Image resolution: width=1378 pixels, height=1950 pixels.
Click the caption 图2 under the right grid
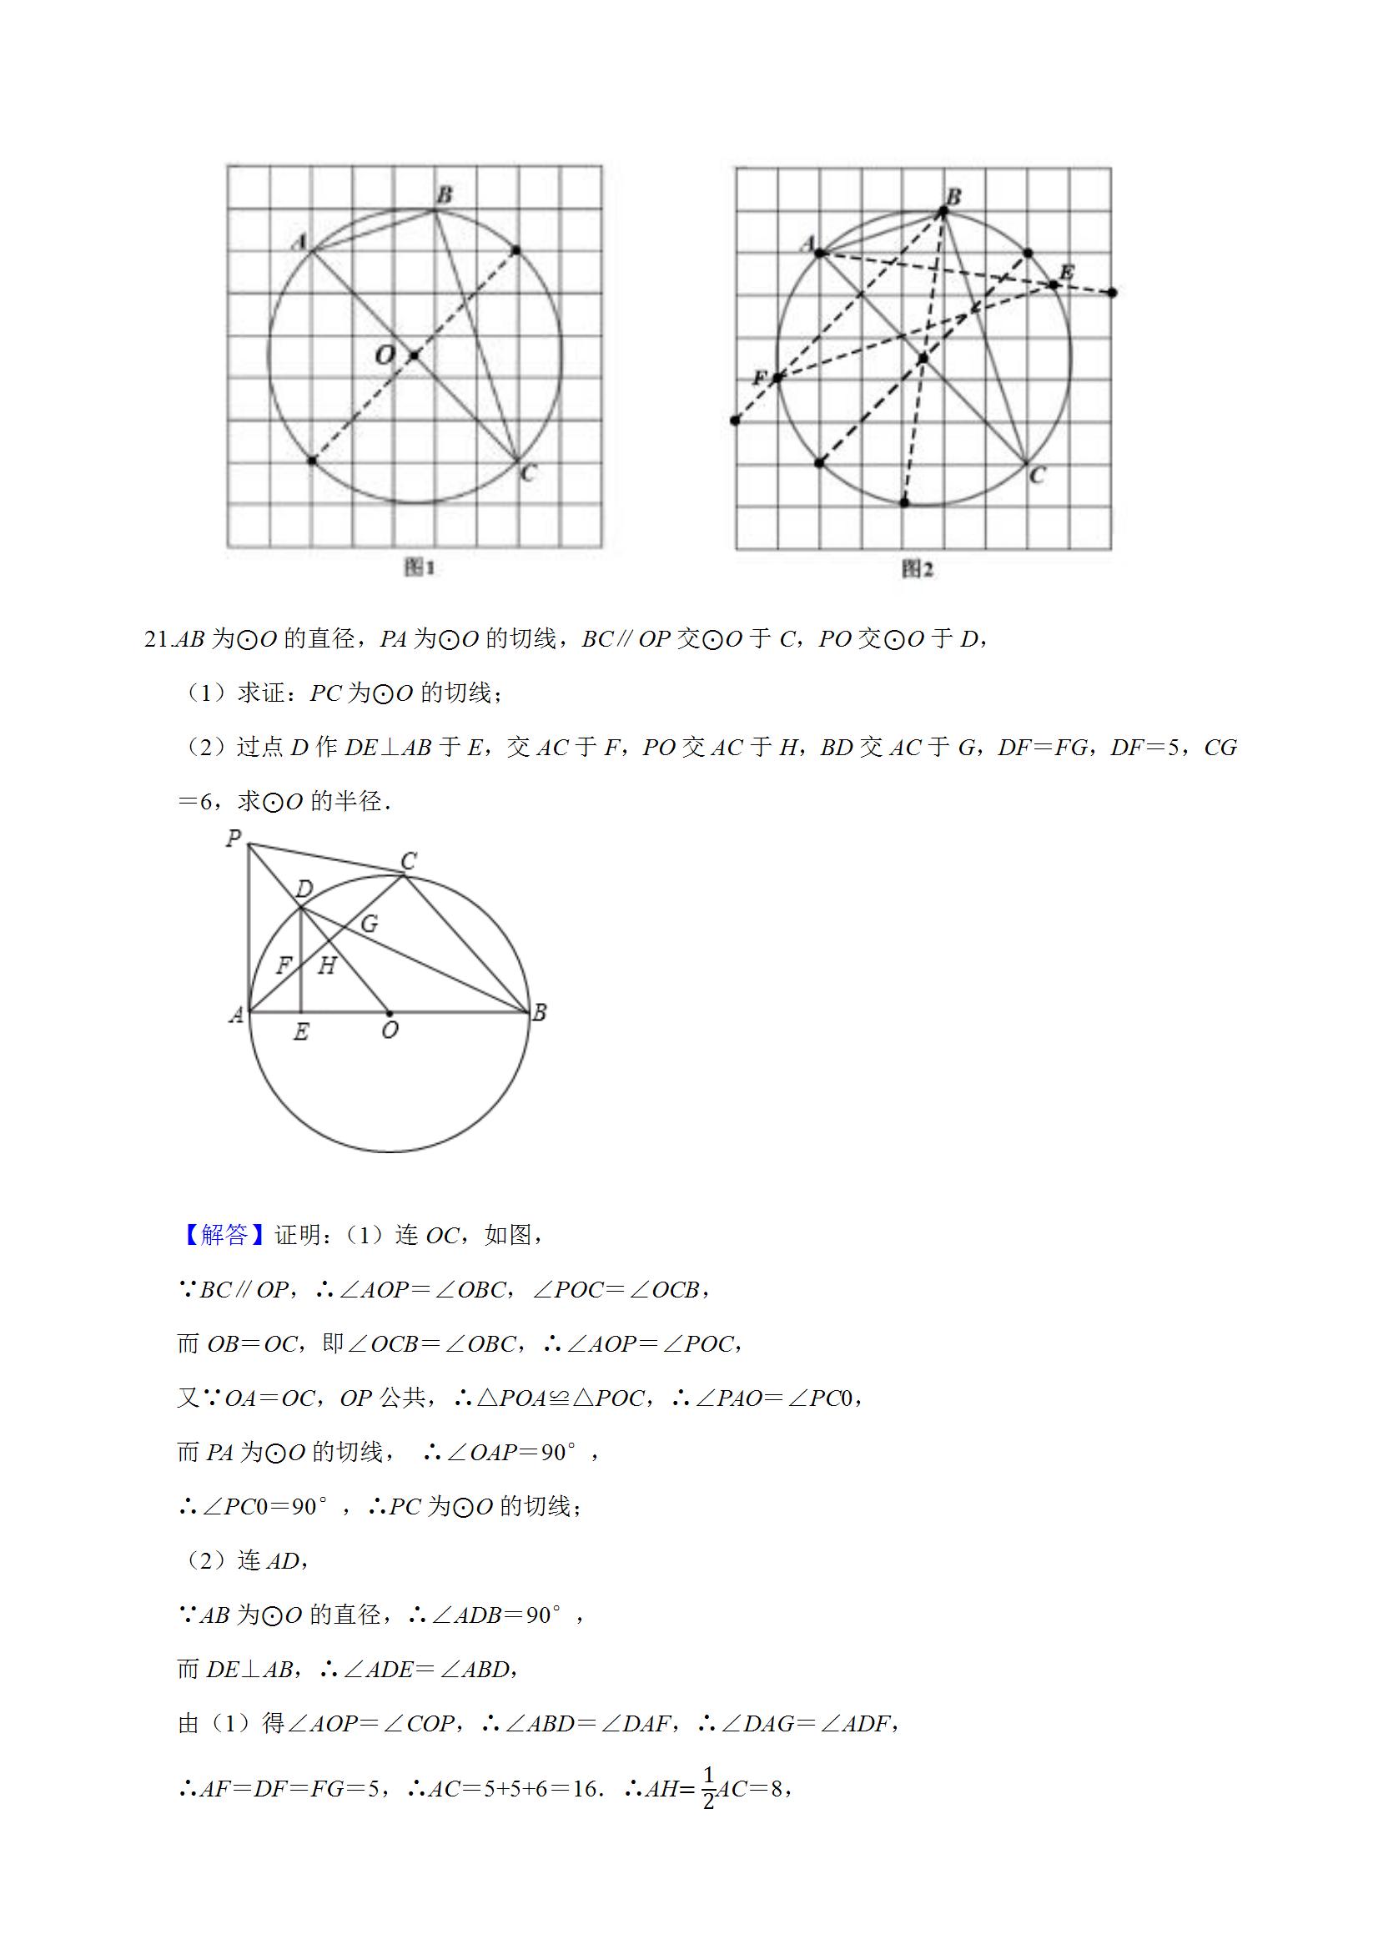tap(917, 569)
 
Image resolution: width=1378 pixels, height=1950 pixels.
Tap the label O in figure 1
tap(385, 354)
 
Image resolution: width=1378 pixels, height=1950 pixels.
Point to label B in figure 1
tap(444, 195)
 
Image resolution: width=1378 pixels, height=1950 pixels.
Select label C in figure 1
tap(528, 473)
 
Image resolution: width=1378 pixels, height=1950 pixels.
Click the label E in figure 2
tap(1066, 272)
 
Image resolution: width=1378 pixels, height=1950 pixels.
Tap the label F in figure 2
tap(760, 377)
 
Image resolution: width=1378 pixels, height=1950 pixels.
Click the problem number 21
tap(158, 638)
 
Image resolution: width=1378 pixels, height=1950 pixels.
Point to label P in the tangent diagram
tap(234, 839)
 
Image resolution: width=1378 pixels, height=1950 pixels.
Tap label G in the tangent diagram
tap(370, 923)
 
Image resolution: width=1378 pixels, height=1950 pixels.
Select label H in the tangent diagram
tap(327, 965)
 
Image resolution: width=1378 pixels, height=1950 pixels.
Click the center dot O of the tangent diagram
tap(390, 1012)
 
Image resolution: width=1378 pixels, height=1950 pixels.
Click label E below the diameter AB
tap(300, 1033)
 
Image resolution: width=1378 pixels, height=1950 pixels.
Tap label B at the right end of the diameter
tap(538, 1012)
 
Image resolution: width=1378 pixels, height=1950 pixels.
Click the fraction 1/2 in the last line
tap(708, 1789)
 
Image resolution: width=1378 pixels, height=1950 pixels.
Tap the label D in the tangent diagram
tap(304, 889)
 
